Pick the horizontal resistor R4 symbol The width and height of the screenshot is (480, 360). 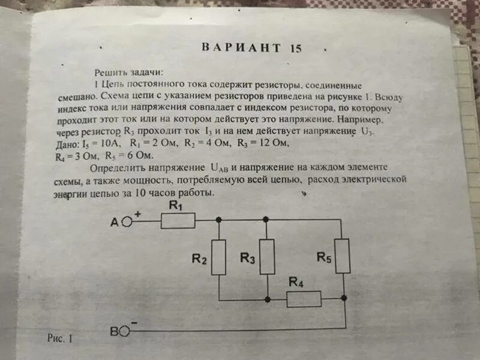click(x=304, y=298)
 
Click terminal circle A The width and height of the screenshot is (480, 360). click(x=127, y=221)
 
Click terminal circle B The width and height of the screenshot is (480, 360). click(x=125, y=329)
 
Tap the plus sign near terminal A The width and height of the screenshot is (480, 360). click(x=137, y=213)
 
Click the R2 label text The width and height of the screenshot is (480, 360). click(x=199, y=259)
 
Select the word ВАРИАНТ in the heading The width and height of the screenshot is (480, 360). click(x=241, y=47)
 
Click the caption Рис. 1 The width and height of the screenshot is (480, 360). click(x=59, y=338)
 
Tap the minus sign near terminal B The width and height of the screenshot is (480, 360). click(x=134, y=323)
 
